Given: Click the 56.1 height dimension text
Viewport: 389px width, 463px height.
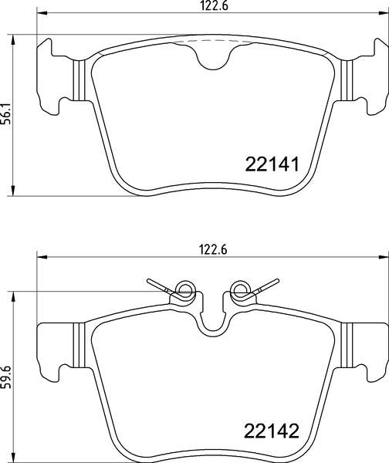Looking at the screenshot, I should (8, 115).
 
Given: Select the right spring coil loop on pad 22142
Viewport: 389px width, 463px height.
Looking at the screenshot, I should (240, 291).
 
